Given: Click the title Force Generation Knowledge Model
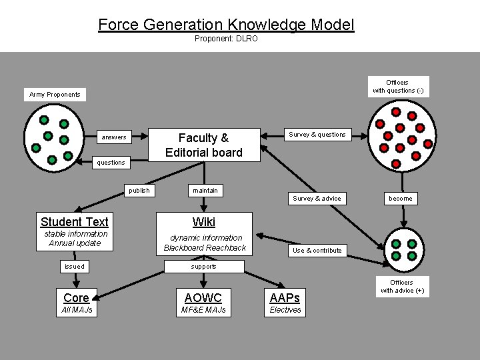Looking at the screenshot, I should tap(226, 25).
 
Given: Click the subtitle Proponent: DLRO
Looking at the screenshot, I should tap(226, 39).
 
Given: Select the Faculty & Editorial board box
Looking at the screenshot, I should tap(203, 145).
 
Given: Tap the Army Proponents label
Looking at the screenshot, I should tap(55, 95).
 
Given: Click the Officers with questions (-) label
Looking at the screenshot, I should tap(398, 87).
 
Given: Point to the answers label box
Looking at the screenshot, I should tap(113, 137).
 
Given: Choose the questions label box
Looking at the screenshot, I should tap(111, 162).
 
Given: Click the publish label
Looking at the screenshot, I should tap(139, 191).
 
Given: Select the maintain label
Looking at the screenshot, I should tap(205, 191).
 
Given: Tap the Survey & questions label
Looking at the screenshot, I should tap(317, 135).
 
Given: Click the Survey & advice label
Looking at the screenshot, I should tap(317, 198).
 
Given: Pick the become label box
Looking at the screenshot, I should tap(401, 198).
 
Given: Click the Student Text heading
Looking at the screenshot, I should tap(75, 221).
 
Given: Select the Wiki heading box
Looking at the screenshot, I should tap(204, 221).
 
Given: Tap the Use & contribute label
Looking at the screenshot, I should tap(317, 251).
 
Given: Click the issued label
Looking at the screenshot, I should tap(75, 267).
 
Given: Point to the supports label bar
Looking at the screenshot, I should tap(204, 267).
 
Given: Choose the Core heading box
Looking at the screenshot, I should tap(76, 297).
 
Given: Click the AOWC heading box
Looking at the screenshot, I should tap(203, 297).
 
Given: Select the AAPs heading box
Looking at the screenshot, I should tap(285, 297).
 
